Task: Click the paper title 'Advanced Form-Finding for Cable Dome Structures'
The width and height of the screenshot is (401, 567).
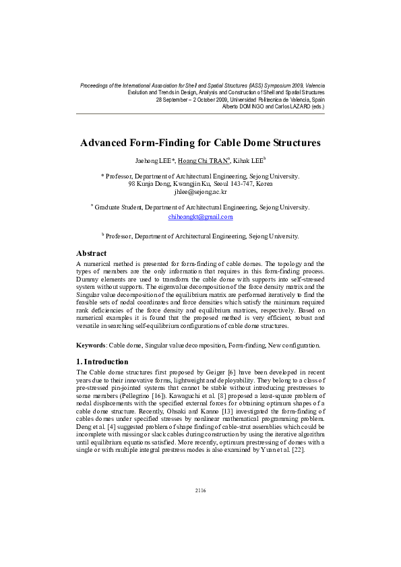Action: pyautogui.click(x=200, y=143)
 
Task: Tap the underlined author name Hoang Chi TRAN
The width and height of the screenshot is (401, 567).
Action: pyautogui.click(x=206, y=160)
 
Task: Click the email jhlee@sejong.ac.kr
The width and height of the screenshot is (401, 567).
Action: pyautogui.click(x=200, y=191)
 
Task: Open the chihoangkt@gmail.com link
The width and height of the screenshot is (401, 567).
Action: pyautogui.click(x=200, y=217)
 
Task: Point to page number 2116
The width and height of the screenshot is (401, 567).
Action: pyautogui.click(x=200, y=509)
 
